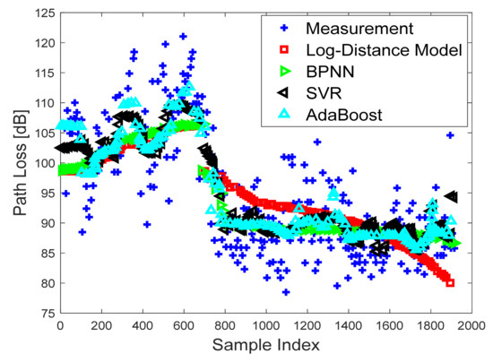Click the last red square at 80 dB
[x=450, y=283]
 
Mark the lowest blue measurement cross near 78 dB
[x=286, y=292]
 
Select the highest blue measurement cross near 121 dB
[x=183, y=37]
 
